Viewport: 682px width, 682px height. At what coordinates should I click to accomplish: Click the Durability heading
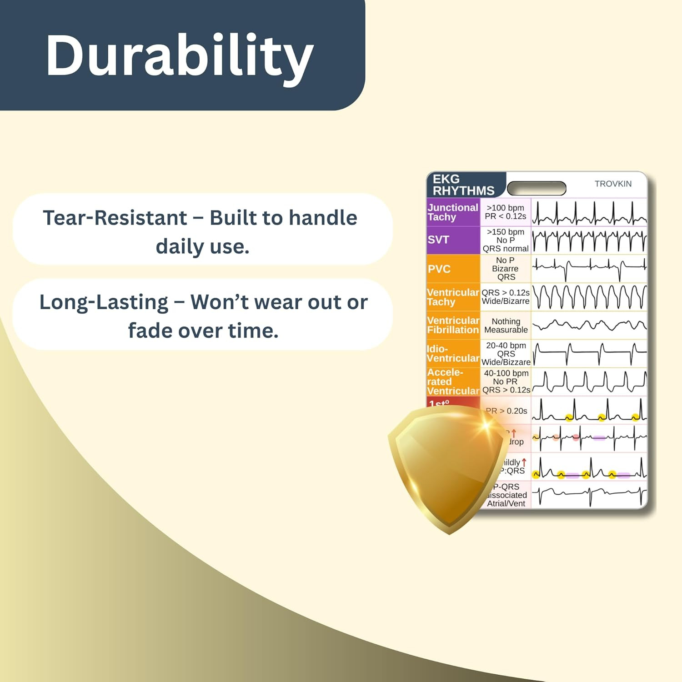point(180,56)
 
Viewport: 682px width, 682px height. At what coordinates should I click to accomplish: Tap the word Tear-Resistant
point(115,218)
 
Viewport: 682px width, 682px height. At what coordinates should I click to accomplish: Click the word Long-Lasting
point(104,302)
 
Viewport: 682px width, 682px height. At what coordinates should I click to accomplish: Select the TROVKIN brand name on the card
point(613,184)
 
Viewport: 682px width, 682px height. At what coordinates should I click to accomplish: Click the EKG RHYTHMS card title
point(463,185)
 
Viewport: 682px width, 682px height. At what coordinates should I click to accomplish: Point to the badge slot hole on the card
point(537,188)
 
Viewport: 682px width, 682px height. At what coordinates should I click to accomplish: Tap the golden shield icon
point(448,468)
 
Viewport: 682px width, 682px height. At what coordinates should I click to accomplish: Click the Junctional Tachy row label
point(453,212)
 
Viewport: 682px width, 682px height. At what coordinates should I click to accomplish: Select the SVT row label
point(438,240)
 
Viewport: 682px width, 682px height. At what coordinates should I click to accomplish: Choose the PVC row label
point(439,269)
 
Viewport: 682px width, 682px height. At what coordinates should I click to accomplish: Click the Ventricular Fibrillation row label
point(453,325)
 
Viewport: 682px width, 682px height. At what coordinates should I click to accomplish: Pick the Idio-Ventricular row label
point(453,354)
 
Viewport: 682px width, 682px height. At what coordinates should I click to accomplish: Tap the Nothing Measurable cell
point(506,326)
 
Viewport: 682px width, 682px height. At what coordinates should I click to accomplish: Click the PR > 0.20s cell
point(506,411)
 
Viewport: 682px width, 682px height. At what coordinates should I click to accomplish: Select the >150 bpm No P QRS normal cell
point(506,240)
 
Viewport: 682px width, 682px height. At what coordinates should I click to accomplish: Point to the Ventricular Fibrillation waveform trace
point(589,325)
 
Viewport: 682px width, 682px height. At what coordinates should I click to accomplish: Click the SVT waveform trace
point(589,241)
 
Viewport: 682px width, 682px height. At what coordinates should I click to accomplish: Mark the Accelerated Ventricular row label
point(453,382)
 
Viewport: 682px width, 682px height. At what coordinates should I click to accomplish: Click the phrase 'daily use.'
point(202,247)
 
